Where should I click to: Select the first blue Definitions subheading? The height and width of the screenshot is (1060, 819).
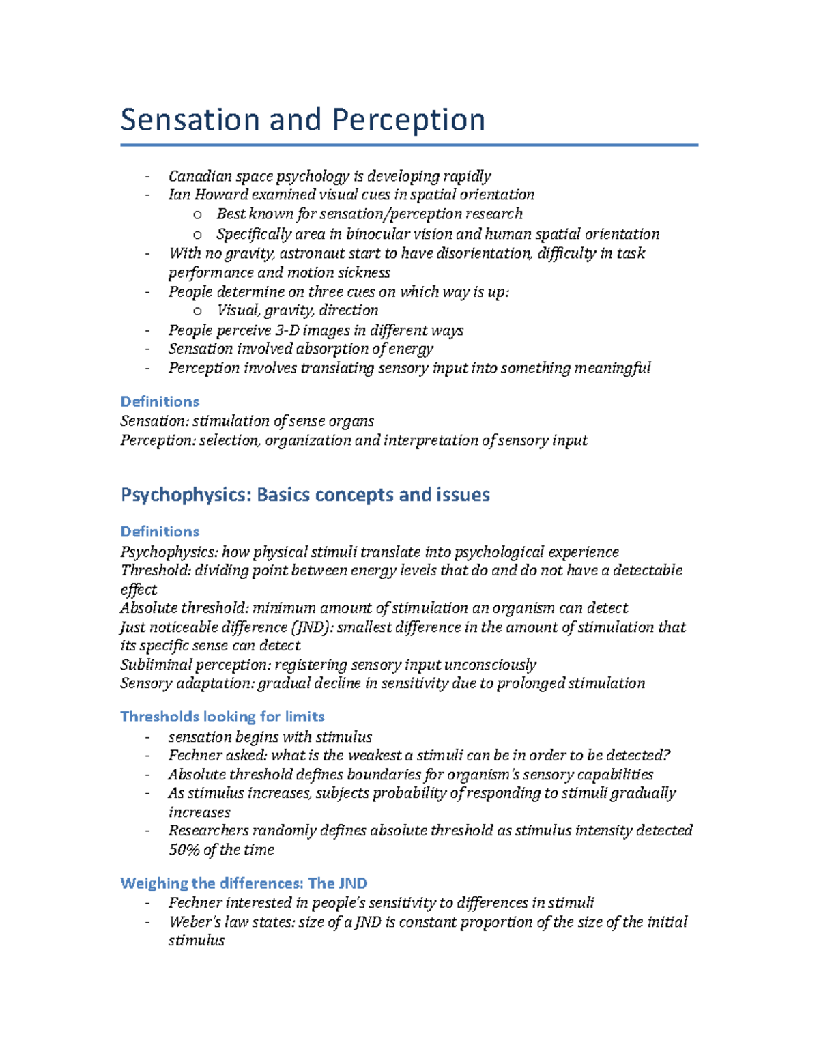tap(160, 401)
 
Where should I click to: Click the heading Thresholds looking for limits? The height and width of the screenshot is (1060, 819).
tap(222, 717)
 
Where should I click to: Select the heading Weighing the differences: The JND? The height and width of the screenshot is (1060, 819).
tap(244, 883)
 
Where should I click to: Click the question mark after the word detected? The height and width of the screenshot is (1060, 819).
tap(667, 756)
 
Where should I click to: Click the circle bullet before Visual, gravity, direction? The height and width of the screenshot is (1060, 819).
tap(197, 311)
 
